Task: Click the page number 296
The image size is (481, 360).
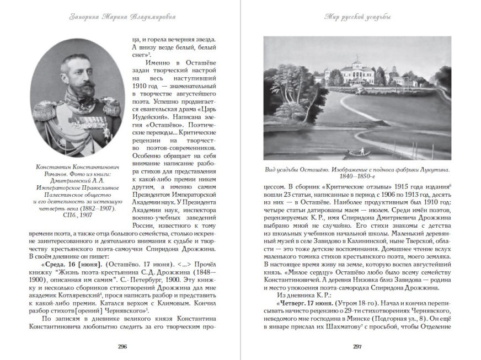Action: (x=122, y=346)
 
